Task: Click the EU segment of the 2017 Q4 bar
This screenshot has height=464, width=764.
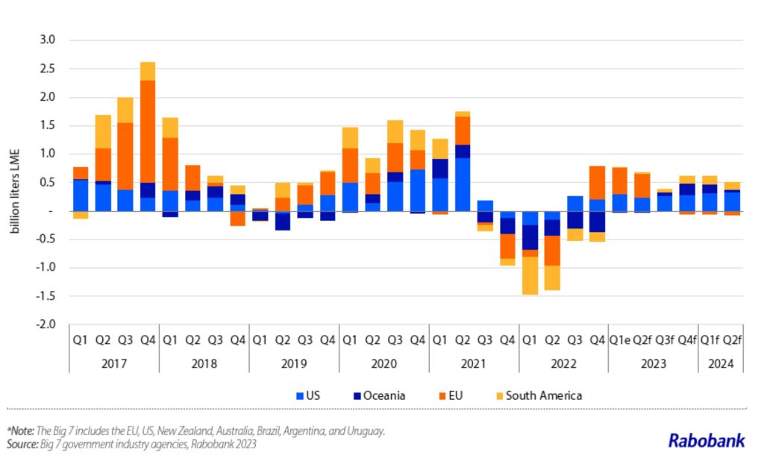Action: pyautogui.click(x=148, y=131)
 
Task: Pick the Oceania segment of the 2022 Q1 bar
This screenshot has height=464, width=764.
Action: pyautogui.click(x=530, y=237)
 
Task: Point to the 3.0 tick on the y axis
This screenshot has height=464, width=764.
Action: pyautogui.click(x=47, y=40)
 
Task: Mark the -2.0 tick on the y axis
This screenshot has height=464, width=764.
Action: pyautogui.click(x=46, y=325)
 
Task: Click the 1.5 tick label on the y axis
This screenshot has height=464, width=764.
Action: pyautogui.click(x=47, y=125)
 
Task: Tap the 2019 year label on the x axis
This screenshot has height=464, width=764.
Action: pyautogui.click(x=293, y=364)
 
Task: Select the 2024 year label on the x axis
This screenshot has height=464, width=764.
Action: pyautogui.click(x=721, y=364)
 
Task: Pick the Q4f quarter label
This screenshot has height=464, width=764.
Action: pyautogui.click(x=687, y=340)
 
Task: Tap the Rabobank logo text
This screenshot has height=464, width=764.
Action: pyautogui.click(x=706, y=440)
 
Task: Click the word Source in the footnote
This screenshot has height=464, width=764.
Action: pyautogui.click(x=25, y=445)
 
